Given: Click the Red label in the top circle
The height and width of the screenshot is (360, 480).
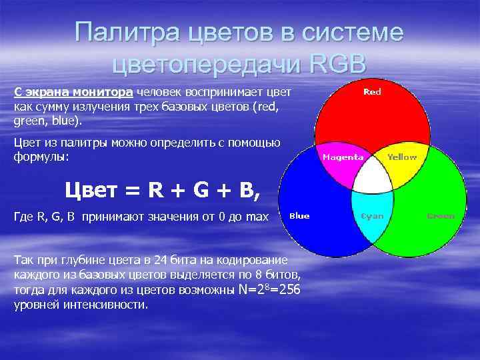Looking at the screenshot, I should tap(372, 92).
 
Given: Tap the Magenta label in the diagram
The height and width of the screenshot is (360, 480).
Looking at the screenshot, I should tap(343, 157).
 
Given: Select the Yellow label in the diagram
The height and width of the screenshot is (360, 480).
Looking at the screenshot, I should tap(402, 157).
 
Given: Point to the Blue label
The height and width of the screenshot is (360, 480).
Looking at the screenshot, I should tap(299, 216).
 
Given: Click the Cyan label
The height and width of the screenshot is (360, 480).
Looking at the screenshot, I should tap(372, 216).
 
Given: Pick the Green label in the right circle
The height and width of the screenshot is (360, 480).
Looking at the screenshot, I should tap(441, 216).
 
